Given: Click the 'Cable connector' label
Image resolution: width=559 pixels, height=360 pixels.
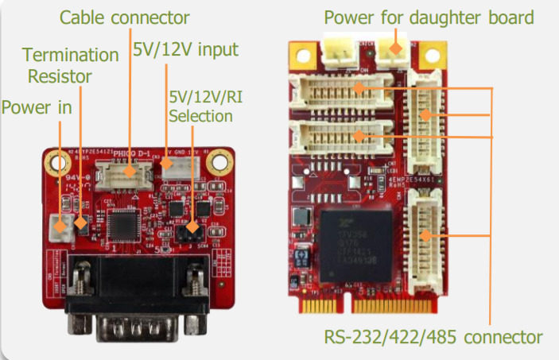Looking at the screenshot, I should point(126,17).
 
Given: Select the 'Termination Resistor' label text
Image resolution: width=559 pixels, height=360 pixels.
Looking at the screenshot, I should point(70,66).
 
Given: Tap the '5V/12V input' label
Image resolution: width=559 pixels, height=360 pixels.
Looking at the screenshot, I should point(185,51).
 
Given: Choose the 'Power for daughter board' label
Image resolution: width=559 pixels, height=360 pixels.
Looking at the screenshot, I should point(429,17).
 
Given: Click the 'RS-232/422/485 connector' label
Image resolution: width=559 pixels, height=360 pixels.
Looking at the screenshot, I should point(433,335).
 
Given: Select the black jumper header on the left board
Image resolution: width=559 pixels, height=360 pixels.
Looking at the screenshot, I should point(188,231).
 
